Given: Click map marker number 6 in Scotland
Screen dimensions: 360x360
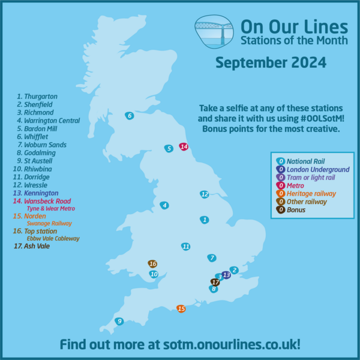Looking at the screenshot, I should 129,116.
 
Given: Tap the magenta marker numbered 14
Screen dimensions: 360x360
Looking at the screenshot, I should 184,146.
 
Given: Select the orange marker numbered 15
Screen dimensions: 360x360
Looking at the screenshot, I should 181,308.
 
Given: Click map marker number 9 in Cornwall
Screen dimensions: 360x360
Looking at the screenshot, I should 119,322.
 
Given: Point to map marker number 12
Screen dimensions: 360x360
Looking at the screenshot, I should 205,194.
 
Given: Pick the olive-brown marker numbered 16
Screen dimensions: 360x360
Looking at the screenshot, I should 153,263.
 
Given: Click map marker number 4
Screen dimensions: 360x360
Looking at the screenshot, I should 164,205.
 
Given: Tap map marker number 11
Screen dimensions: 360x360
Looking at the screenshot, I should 186,246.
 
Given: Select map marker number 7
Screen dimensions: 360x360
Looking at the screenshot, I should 212,258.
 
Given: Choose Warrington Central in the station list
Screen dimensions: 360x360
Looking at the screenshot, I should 48,121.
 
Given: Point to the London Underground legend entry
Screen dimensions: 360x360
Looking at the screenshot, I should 310,169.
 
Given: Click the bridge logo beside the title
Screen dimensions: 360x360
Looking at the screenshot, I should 214,33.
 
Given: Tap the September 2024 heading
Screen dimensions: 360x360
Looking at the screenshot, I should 271,62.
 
